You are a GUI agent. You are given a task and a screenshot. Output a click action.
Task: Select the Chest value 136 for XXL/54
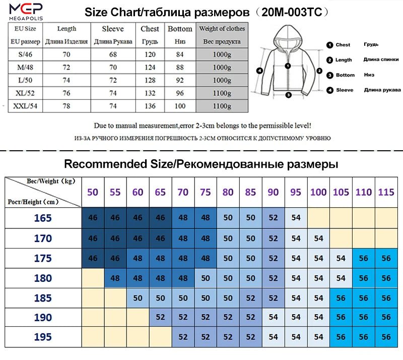click(x=150, y=106)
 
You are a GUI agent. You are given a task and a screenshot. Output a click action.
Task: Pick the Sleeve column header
click(x=112, y=29)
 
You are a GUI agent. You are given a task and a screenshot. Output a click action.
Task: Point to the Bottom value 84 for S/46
click(x=180, y=54)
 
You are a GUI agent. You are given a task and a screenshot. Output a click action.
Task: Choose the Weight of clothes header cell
click(x=222, y=29)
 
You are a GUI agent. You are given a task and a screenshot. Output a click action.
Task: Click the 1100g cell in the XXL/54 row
click(x=222, y=106)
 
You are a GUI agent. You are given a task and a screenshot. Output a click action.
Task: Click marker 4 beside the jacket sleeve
click(x=260, y=71)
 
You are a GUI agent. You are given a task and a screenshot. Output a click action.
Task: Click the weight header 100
click(x=318, y=192)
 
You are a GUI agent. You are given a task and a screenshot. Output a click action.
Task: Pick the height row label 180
click(x=43, y=278)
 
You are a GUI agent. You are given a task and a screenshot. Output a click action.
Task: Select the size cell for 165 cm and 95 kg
click(x=296, y=218)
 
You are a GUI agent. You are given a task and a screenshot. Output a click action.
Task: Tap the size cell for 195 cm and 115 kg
click(x=386, y=337)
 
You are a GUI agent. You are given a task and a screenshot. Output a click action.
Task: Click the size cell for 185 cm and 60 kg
click(x=138, y=297)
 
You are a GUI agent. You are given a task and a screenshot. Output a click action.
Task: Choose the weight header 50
click(x=93, y=192)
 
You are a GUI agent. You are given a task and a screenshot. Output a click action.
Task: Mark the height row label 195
click(x=43, y=337)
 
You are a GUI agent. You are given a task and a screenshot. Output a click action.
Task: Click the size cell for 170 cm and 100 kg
click(x=318, y=238)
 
